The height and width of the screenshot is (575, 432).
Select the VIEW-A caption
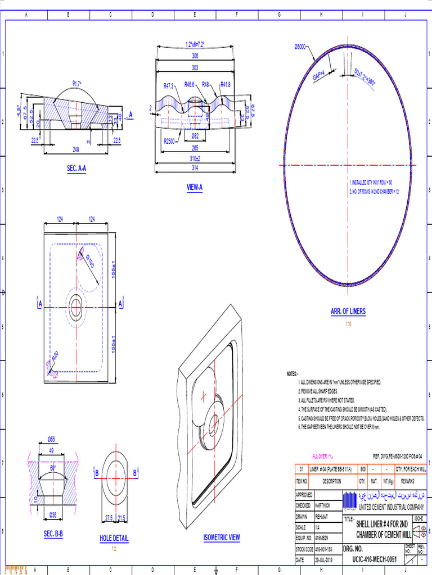[195, 188]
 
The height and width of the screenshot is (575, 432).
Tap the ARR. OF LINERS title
[348, 312]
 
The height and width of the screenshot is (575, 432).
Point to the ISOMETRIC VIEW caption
[222, 537]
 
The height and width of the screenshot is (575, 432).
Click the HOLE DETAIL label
[114, 539]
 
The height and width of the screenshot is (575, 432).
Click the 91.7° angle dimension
[76, 83]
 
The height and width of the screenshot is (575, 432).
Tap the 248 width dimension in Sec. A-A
[75, 149]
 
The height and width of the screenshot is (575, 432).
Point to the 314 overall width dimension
[195, 168]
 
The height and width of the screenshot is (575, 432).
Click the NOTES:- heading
[292, 373]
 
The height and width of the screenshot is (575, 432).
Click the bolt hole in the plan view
[76, 307]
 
